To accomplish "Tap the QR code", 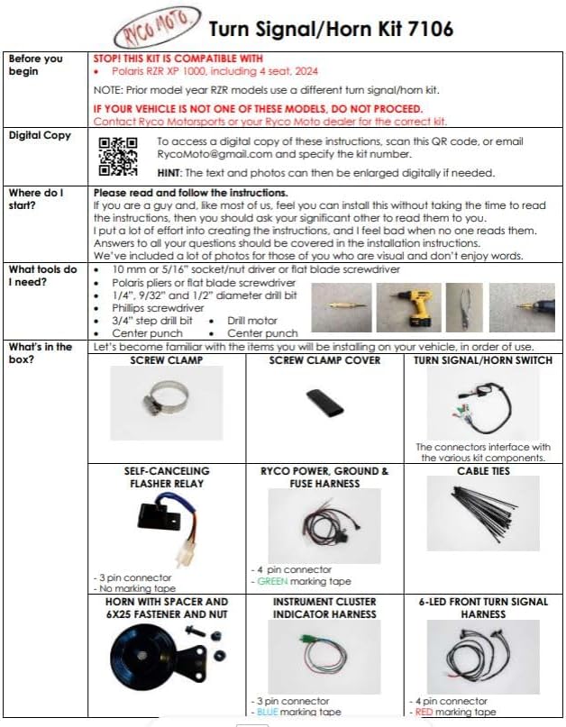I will pos(118,156).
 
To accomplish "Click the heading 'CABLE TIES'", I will pos(483,471).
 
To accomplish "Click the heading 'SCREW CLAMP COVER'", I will pos(324,360).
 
